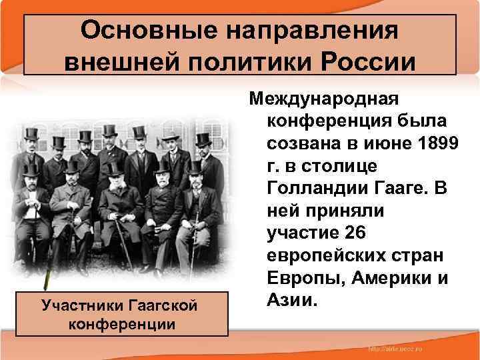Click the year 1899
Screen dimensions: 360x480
tap(435, 145)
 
